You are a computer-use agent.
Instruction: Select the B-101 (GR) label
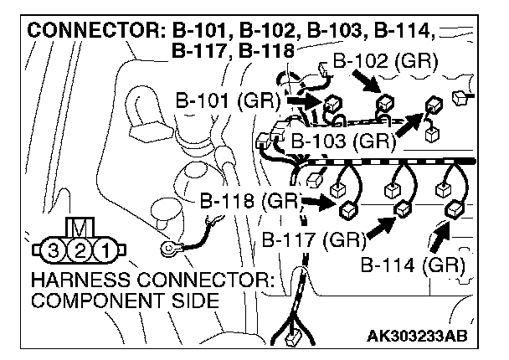(x=226, y=100)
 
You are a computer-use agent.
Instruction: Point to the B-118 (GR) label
(x=250, y=201)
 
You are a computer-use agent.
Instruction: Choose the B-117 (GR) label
(x=312, y=240)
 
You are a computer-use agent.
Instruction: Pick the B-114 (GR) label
(x=413, y=266)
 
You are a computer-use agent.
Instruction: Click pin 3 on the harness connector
(x=54, y=250)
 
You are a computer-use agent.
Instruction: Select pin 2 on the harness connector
(x=79, y=250)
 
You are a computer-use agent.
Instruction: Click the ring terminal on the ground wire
(x=171, y=247)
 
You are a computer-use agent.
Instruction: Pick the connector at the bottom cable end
(x=294, y=340)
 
